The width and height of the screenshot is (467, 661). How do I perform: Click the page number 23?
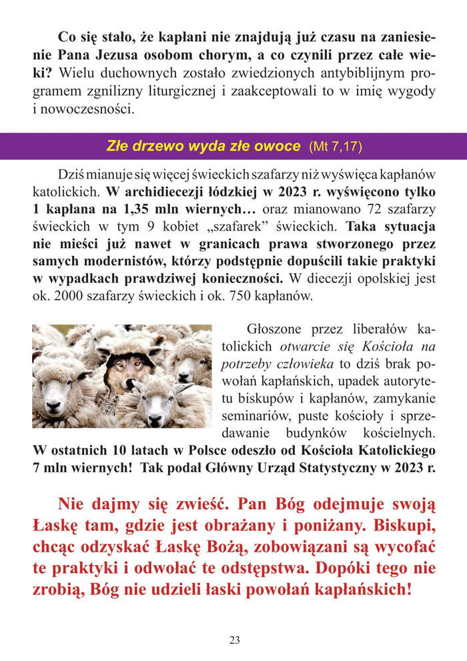pyautogui.click(x=234, y=640)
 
